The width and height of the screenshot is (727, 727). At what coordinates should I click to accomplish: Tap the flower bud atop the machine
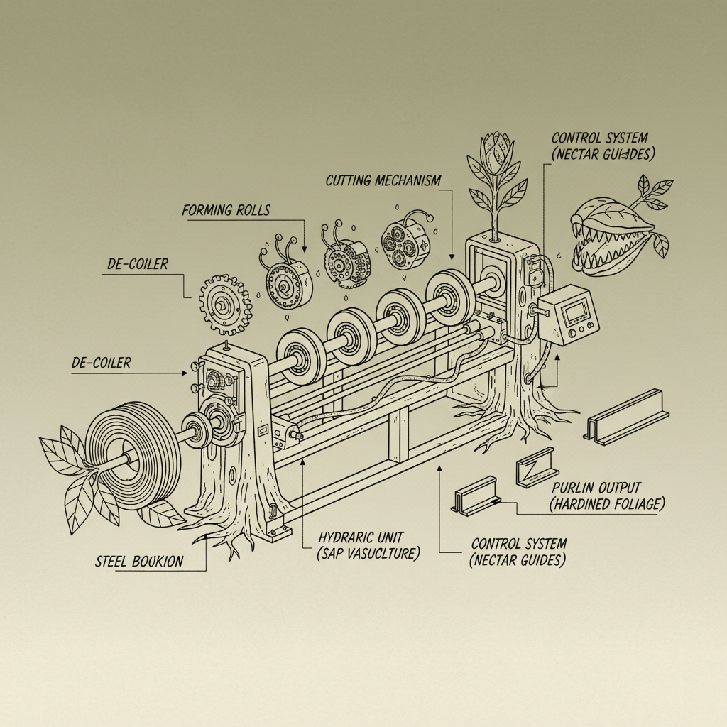tap(495, 152)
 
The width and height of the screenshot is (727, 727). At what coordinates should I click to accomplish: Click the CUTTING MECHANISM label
tap(383, 180)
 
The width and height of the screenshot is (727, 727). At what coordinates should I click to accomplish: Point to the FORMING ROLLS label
tap(226, 210)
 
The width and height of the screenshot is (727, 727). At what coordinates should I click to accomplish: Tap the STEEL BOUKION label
tap(139, 562)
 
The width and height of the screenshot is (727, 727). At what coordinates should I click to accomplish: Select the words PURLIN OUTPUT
tap(596, 488)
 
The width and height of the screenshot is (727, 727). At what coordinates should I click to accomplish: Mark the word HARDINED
tap(586, 505)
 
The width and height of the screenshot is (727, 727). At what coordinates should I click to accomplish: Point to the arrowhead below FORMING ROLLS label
tap(304, 248)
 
